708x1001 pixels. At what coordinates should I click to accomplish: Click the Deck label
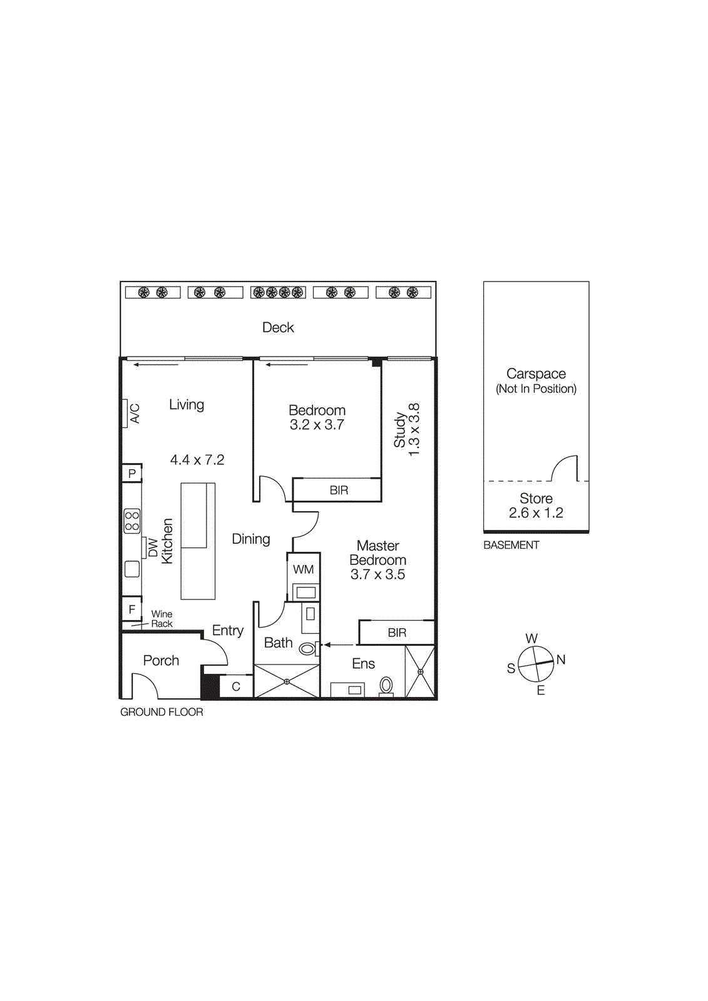coord(278,327)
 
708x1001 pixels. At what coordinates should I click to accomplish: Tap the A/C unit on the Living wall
coord(125,414)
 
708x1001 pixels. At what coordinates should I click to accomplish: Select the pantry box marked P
coord(131,473)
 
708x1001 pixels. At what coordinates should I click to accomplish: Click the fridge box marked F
coord(131,609)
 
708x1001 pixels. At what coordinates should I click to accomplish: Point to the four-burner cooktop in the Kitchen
coord(132,521)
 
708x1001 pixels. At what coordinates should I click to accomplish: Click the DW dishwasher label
coord(152,547)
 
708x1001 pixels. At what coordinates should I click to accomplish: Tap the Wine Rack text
coord(162,619)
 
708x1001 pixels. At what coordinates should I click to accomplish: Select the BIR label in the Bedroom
coord(339,490)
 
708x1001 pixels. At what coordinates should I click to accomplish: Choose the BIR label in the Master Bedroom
coord(397,633)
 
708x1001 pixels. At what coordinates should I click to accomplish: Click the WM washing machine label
coord(303,569)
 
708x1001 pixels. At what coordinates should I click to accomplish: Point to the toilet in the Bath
coord(307,649)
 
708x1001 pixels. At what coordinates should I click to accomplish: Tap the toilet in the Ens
coord(386,685)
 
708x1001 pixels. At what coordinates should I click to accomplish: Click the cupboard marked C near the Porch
coord(236,686)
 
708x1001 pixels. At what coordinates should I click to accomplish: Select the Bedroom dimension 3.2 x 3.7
coord(317,425)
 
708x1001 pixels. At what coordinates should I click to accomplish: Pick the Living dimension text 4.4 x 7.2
coord(197,460)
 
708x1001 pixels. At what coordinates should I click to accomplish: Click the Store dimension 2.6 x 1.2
coord(536,513)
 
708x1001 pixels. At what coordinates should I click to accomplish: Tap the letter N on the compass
coord(561,659)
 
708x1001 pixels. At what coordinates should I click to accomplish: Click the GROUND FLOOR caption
coord(162,712)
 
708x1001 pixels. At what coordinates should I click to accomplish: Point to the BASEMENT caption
coord(511,545)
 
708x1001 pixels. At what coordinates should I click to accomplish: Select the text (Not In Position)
coord(536,389)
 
